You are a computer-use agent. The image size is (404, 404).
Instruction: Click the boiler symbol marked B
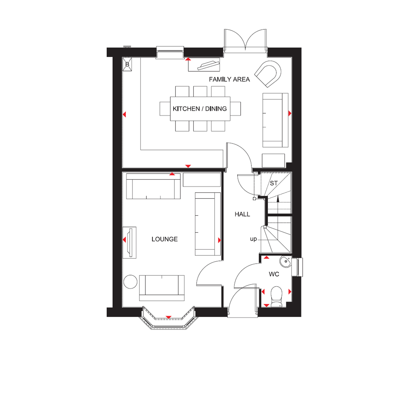point(127,64)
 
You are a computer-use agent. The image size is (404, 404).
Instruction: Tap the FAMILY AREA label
point(229,79)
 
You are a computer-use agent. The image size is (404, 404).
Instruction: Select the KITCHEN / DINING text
point(200,109)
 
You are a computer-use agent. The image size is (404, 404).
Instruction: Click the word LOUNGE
point(165,239)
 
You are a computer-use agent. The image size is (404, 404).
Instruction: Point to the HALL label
point(242,214)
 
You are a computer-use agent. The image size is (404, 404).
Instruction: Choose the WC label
point(274,274)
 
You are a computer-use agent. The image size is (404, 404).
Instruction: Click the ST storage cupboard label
point(274,183)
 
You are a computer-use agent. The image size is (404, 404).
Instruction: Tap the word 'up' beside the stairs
point(253,239)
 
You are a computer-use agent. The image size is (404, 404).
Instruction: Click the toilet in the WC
point(276,297)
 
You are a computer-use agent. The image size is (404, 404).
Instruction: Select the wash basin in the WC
point(285,262)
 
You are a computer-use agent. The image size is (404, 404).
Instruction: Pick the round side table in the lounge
point(130,282)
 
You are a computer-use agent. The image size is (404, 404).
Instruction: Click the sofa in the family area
point(275,120)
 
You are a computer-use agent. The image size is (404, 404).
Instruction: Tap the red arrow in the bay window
point(169,317)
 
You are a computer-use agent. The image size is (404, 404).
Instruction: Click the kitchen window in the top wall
point(170,52)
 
